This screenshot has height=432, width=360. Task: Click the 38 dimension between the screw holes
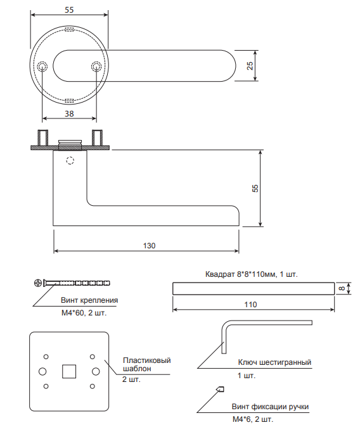69,113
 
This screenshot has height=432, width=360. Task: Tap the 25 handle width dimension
250,66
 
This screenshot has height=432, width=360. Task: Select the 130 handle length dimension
149,246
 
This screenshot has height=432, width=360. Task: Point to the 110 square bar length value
250,305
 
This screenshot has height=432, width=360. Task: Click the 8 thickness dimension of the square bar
342,288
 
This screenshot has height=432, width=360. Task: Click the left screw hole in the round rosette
42,67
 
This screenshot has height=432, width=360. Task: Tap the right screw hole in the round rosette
96,67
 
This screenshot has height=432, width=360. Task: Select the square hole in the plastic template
69,371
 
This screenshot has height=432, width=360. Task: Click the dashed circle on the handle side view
70,160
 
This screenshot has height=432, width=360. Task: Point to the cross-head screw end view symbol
38,283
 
